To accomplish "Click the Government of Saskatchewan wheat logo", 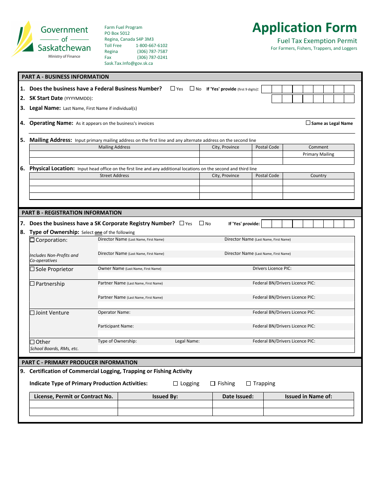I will point(22,38).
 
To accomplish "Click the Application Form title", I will point(304,28).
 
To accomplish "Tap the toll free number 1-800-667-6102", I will point(152,45).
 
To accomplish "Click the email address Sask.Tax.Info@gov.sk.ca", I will point(128,63).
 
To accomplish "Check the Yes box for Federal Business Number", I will point(173,89).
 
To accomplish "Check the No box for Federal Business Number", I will point(192,89).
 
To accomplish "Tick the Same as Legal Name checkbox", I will point(308,123).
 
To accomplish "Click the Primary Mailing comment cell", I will point(318,154).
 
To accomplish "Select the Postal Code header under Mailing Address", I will point(267,147).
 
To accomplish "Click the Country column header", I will point(318,175).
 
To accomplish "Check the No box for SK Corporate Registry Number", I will point(201,223).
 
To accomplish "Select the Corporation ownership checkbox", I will point(32,240).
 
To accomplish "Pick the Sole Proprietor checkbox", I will point(32,269).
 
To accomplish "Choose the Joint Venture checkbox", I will point(32,313).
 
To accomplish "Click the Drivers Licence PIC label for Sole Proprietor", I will point(272,268).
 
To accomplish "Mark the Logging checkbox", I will point(176,383).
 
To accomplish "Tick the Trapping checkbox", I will point(249,383).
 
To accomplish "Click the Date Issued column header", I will point(238,396).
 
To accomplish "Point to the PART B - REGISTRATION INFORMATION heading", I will point(71,213).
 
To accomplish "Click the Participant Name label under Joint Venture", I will point(116,326).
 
